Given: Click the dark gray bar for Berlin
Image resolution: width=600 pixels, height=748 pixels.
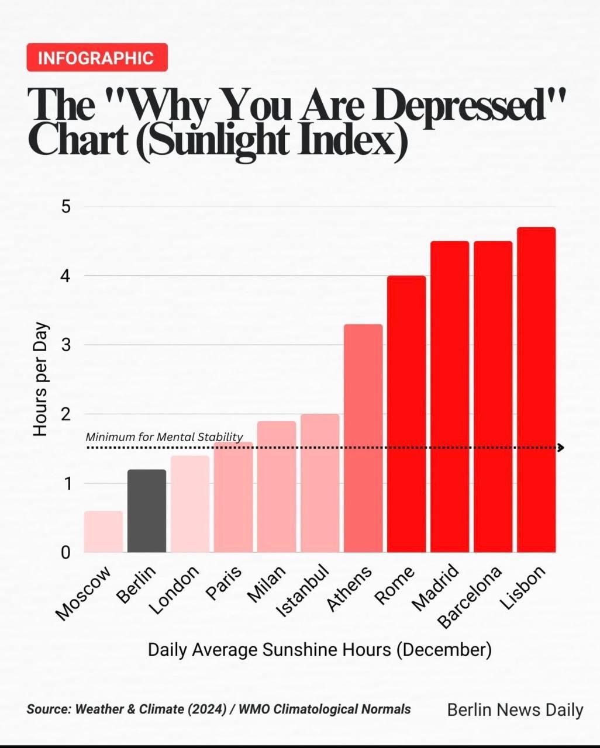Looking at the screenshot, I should [x=147, y=511].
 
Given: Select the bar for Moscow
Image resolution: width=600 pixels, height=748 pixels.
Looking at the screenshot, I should [x=104, y=532].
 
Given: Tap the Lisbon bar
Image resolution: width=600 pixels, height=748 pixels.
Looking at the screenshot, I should [x=536, y=390].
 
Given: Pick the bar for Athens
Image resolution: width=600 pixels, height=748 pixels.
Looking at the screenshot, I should [x=363, y=438].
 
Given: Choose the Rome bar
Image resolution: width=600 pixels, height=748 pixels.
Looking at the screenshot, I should [x=406, y=414].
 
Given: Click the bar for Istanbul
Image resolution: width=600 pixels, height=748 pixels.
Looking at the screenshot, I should [x=320, y=483].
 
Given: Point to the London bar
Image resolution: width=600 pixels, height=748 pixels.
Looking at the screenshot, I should [x=190, y=504].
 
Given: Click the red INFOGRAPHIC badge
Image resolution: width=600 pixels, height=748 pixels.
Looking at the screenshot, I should [x=97, y=58].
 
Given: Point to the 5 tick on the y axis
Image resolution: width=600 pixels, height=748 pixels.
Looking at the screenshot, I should [x=65, y=207].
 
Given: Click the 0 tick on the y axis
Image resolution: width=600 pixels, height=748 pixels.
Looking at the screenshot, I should [x=65, y=552].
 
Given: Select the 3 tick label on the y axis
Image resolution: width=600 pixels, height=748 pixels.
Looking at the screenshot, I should [x=65, y=345].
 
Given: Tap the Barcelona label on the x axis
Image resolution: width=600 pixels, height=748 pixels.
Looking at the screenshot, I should [x=470, y=597].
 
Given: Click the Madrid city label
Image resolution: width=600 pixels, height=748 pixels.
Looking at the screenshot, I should [x=435, y=588].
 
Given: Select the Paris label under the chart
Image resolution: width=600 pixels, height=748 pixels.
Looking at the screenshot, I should [x=224, y=583].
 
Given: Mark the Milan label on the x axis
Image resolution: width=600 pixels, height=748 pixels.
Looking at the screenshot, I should [x=267, y=584].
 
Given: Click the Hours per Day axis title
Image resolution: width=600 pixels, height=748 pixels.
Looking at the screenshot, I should [x=40, y=379].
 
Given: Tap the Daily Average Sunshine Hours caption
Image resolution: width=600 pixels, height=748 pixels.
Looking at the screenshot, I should [x=319, y=650].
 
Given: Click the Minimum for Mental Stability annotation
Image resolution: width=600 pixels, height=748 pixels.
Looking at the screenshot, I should [x=164, y=437].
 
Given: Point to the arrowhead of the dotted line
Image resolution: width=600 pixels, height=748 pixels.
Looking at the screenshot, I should [x=560, y=448].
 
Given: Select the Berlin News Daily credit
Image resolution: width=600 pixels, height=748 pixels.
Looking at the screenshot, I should [x=515, y=710].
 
